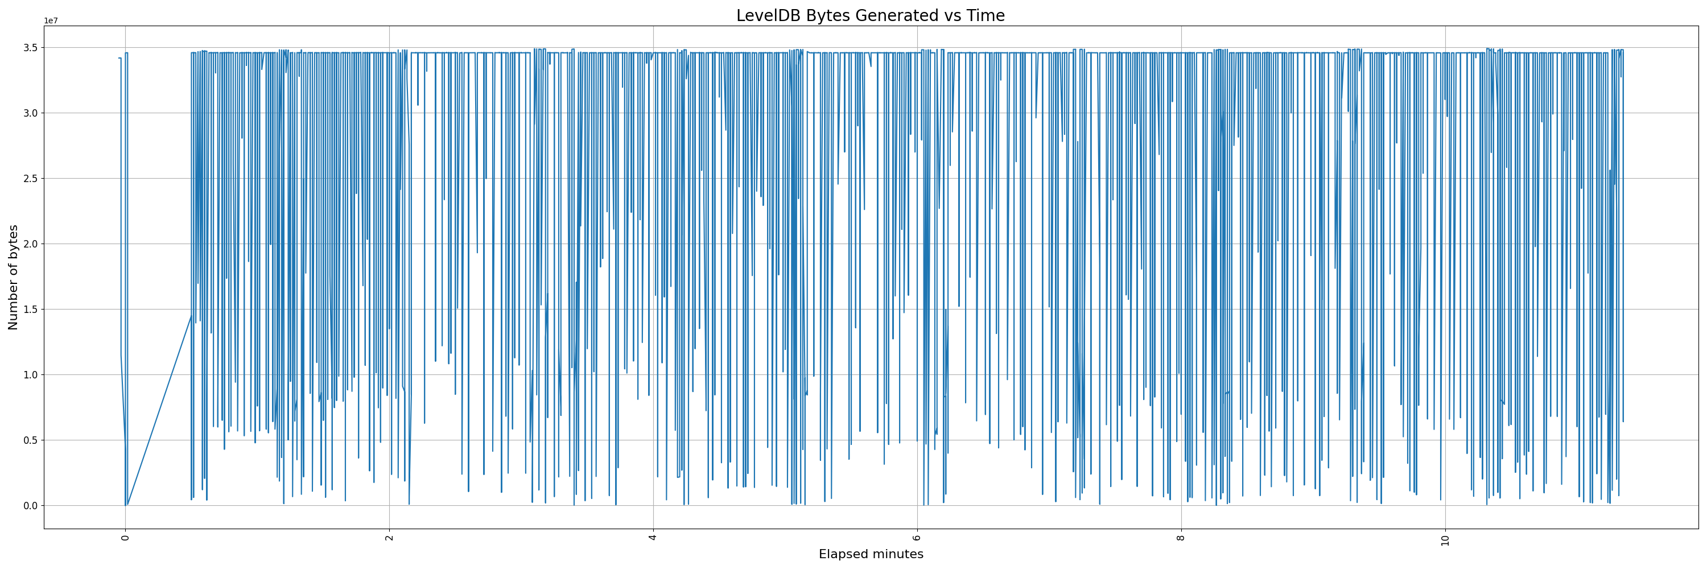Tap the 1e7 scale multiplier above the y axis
(51, 20)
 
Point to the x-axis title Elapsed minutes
(871, 554)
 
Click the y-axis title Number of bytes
(13, 277)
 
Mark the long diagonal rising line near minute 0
(159, 411)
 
